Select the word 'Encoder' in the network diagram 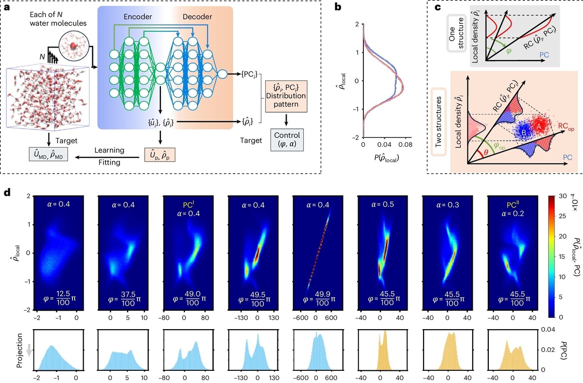click(137, 17)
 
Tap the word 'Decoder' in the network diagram click(197, 17)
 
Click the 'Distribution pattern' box click(286, 96)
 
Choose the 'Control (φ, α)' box click(287, 140)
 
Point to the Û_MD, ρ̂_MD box click(49, 154)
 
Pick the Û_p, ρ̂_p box click(160, 155)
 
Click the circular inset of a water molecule click(74, 46)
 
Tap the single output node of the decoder click(223, 74)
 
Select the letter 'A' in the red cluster click(538, 126)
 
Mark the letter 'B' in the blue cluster click(524, 133)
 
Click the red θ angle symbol click(485, 152)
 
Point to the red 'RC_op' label click(566, 127)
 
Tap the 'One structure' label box click(457, 33)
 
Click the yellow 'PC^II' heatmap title click(512, 204)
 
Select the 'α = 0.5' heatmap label click(383, 204)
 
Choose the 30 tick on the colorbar click(563, 196)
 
